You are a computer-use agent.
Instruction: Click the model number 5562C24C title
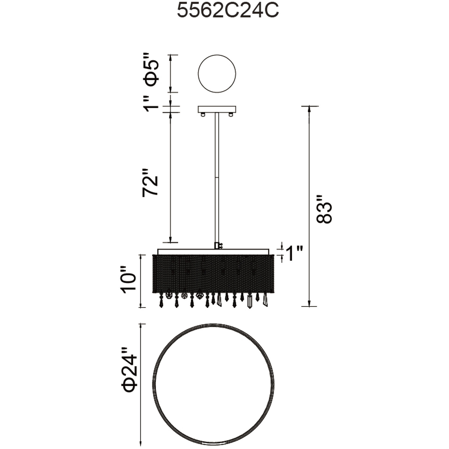coord(228,11)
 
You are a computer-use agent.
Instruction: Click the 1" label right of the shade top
coord(294,253)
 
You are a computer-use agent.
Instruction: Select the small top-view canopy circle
coord(217,74)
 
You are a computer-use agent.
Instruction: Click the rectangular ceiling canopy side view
coord(217,109)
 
